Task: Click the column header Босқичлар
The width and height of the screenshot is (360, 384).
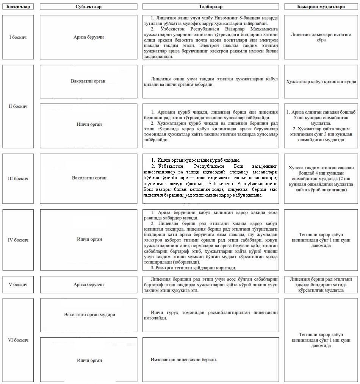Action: pyautogui.click(x=18, y=6)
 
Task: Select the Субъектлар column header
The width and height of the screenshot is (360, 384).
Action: pyautogui.click(x=88, y=6)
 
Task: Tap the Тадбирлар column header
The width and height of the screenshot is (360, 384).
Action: pyautogui.click(x=211, y=6)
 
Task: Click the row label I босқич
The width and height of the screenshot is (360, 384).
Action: pyautogui.click(x=18, y=37)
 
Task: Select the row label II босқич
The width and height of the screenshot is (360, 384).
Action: pyautogui.click(x=18, y=106)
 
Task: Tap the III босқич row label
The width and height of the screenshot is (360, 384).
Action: pyautogui.click(x=18, y=178)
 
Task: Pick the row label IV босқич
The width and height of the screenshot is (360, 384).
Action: pyautogui.click(x=18, y=240)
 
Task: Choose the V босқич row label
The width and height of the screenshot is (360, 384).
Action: pyautogui.click(x=18, y=284)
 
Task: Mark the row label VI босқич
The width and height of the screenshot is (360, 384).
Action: pyautogui.click(x=18, y=340)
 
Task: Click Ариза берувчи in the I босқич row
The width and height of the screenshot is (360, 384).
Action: pyautogui.click(x=89, y=37)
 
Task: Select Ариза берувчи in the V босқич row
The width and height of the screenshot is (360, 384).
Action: pyautogui.click(x=89, y=284)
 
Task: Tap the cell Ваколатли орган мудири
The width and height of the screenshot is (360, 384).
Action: pyautogui.click(x=89, y=315)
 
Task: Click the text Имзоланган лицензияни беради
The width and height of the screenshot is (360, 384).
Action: pyautogui.click(x=184, y=359)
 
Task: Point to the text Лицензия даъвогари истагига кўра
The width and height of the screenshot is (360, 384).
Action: pyautogui.click(x=321, y=37)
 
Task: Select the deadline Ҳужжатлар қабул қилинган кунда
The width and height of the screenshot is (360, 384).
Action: pyautogui.click(x=321, y=81)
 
